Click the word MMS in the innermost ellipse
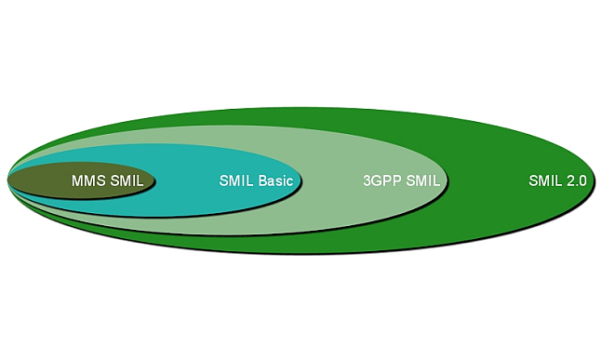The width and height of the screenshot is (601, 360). pyautogui.click(x=88, y=181)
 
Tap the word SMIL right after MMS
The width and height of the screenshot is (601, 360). pyautogui.click(x=127, y=181)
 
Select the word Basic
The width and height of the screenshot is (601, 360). pyautogui.click(x=275, y=181)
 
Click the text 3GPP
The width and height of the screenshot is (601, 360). pyautogui.click(x=381, y=181)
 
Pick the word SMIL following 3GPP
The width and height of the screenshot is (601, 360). pyautogui.click(x=422, y=181)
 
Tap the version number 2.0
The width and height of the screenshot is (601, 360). pyautogui.click(x=576, y=181)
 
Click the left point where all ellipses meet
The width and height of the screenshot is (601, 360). pyautogui.click(x=8, y=180)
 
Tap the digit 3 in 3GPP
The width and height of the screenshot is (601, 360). pyautogui.click(x=367, y=181)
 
